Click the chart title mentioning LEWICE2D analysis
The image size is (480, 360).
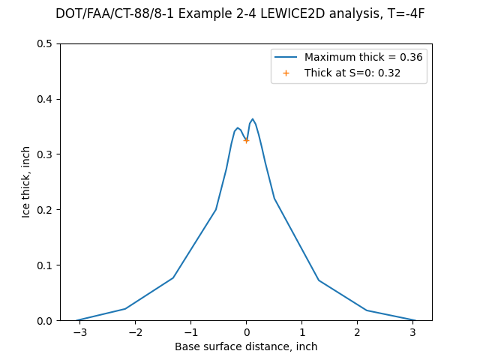coord(240,14)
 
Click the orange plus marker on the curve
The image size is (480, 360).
coord(246,140)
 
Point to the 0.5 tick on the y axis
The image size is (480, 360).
coord(46,43)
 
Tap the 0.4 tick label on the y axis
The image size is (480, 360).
coord(46,99)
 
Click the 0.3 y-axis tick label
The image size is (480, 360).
coord(46,154)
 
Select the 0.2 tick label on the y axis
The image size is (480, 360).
coord(46,210)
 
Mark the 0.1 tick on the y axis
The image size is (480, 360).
coord(46,265)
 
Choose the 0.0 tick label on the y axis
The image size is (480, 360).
coord(46,321)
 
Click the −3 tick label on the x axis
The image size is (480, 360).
coord(77,332)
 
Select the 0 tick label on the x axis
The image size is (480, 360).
coord(246,332)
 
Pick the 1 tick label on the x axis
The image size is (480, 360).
coord(301,332)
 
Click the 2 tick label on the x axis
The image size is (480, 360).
coord(357,332)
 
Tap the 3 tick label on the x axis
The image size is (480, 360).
coord(412,332)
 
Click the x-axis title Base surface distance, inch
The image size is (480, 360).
coord(246,346)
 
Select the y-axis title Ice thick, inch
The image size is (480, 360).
coord(26,182)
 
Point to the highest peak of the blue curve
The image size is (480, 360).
coord(253,119)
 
